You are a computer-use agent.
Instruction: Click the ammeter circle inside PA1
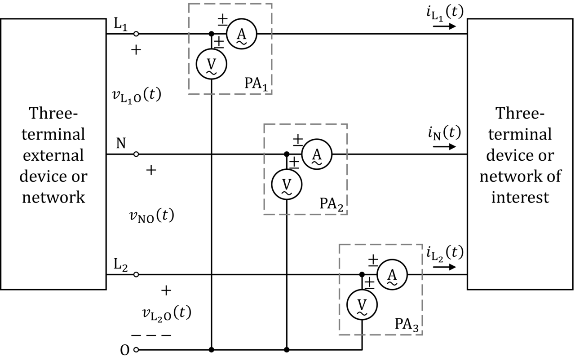(x=241, y=19)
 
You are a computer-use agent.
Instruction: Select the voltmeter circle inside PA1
(x=211, y=49)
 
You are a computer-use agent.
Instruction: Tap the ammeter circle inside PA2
(x=317, y=139)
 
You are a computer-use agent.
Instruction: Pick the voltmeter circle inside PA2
(x=287, y=170)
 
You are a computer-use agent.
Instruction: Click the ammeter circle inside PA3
(x=392, y=260)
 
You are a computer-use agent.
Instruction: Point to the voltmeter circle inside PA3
(x=362, y=290)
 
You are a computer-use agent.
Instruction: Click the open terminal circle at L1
(x=136, y=34)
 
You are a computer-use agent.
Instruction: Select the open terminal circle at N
(x=136, y=154)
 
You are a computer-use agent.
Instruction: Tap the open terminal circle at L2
(x=136, y=274)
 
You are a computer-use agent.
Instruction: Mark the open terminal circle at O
(x=136, y=350)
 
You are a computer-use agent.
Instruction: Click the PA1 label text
(x=256, y=84)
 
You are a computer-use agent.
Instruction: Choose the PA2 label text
(x=331, y=204)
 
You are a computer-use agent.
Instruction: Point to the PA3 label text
(x=407, y=325)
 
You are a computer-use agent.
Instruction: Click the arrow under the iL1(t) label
(x=444, y=26)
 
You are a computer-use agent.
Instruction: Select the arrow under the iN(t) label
(x=444, y=146)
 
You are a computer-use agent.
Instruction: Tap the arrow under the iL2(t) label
(x=444, y=267)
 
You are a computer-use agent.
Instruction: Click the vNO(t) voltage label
(x=152, y=216)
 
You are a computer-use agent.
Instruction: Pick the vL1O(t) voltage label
(x=137, y=95)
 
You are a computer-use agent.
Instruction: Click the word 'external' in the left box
(x=53, y=155)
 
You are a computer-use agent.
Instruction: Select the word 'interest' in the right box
(x=520, y=197)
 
